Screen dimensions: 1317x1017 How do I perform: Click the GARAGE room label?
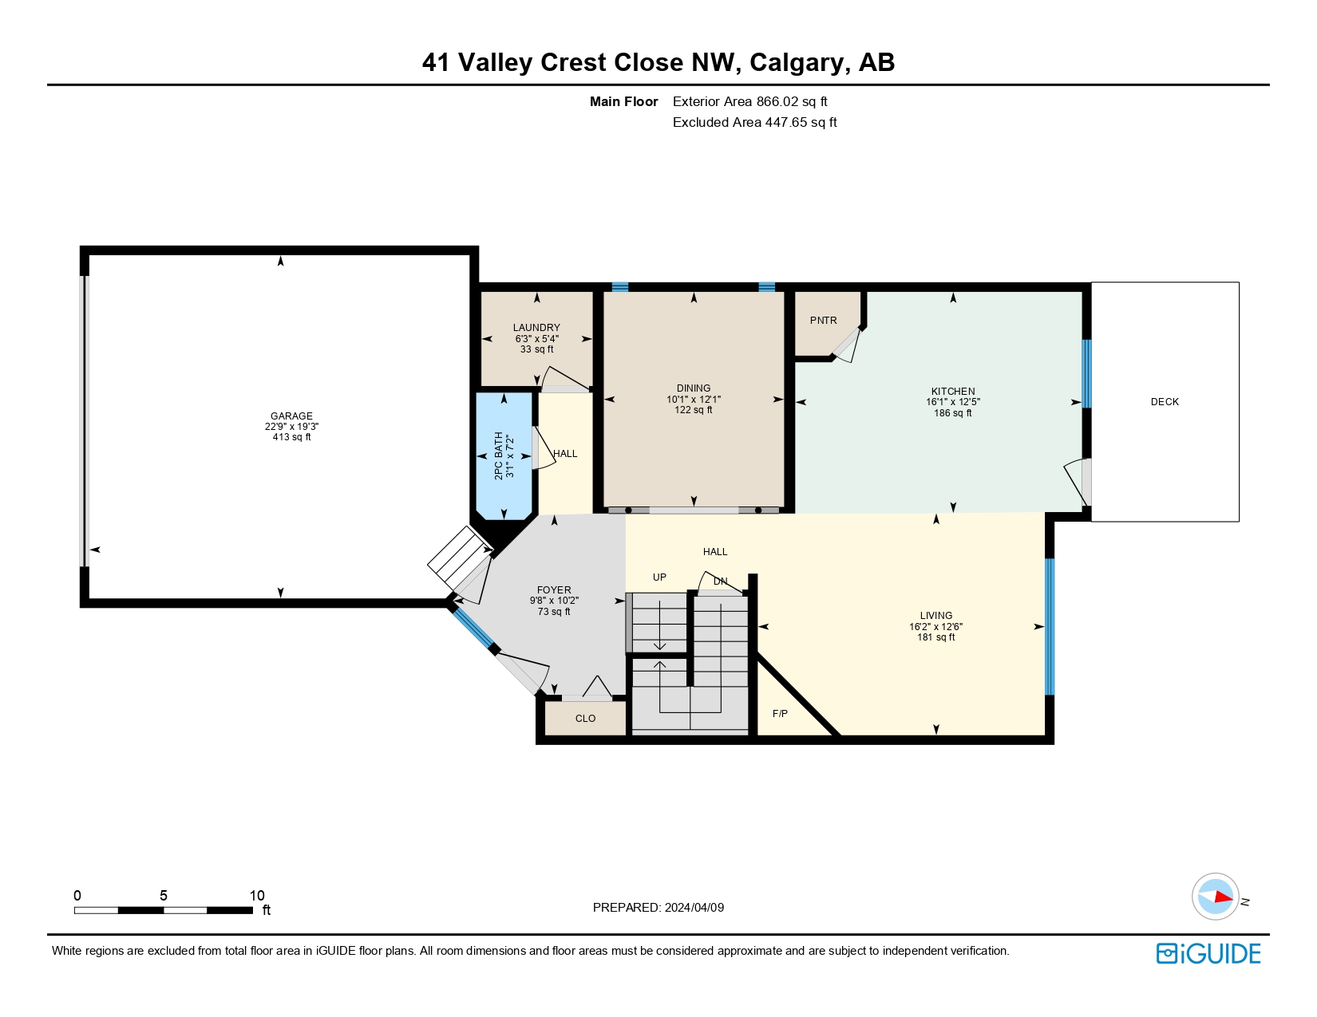pyautogui.click(x=291, y=416)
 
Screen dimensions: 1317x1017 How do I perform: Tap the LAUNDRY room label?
pyautogui.click(x=536, y=328)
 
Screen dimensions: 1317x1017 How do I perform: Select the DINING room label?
pyautogui.click(x=694, y=388)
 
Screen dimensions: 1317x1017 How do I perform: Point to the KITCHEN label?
pyautogui.click(x=953, y=392)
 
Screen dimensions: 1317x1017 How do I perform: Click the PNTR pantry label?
pyautogui.click(x=823, y=321)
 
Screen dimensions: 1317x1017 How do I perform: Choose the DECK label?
pyautogui.click(x=1165, y=401)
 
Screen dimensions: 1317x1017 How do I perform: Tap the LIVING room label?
pyautogui.click(x=935, y=616)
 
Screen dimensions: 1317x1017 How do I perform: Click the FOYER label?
pyautogui.click(x=554, y=590)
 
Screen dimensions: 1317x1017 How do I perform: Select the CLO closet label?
pyautogui.click(x=585, y=719)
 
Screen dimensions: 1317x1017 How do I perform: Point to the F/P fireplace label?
pyautogui.click(x=780, y=714)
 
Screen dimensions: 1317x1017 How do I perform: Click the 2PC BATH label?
pyautogui.click(x=498, y=456)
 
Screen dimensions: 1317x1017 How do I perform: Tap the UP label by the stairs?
pyautogui.click(x=659, y=577)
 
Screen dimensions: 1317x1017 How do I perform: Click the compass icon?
pyautogui.click(x=1215, y=897)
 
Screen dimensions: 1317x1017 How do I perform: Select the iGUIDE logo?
pyautogui.click(x=1208, y=953)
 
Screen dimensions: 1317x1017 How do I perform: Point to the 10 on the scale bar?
pyautogui.click(x=257, y=895)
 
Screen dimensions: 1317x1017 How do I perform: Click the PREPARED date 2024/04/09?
pyautogui.click(x=694, y=908)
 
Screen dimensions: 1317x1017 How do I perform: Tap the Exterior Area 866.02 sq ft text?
pyautogui.click(x=749, y=102)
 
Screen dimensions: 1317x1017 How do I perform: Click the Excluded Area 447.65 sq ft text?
pyautogui.click(x=754, y=122)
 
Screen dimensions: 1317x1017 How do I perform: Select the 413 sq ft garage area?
pyautogui.click(x=291, y=437)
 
